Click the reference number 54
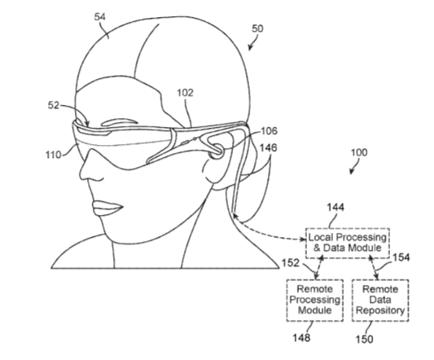[100, 17]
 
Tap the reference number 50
[257, 29]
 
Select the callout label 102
[185, 93]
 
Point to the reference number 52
[54, 105]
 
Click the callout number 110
[53, 155]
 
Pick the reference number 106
[269, 130]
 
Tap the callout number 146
[269, 147]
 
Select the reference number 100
[359, 152]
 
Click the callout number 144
[335, 207]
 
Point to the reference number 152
[291, 262]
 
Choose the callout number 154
[401, 257]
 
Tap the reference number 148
[302, 337]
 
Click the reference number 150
[365, 339]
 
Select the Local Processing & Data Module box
[348, 244]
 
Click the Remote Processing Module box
[315, 301]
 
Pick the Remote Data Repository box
[380, 301]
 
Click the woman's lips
[107, 208]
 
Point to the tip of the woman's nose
[81, 175]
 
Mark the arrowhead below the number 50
[250, 47]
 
